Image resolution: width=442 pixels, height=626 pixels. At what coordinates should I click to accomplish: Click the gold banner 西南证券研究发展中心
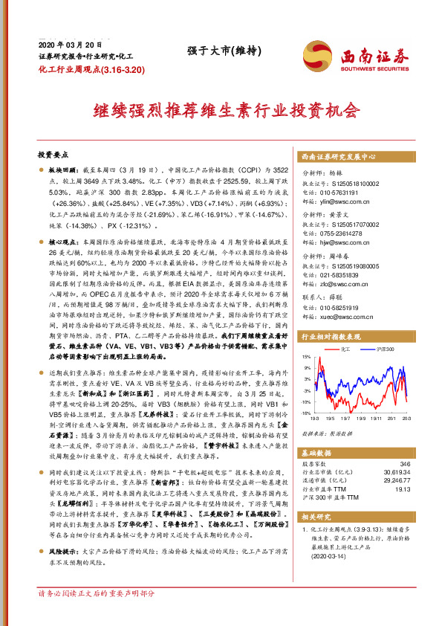pyautogui.click(x=339, y=158)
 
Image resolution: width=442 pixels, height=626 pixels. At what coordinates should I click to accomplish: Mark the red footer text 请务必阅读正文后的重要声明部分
pyautogui.click(x=97, y=614)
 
